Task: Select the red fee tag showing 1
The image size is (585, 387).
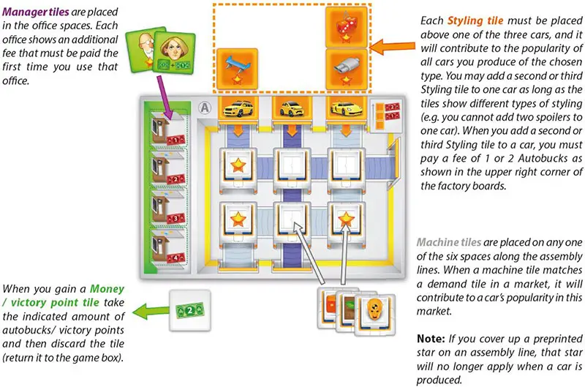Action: (174, 139)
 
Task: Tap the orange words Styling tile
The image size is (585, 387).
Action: (469, 20)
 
